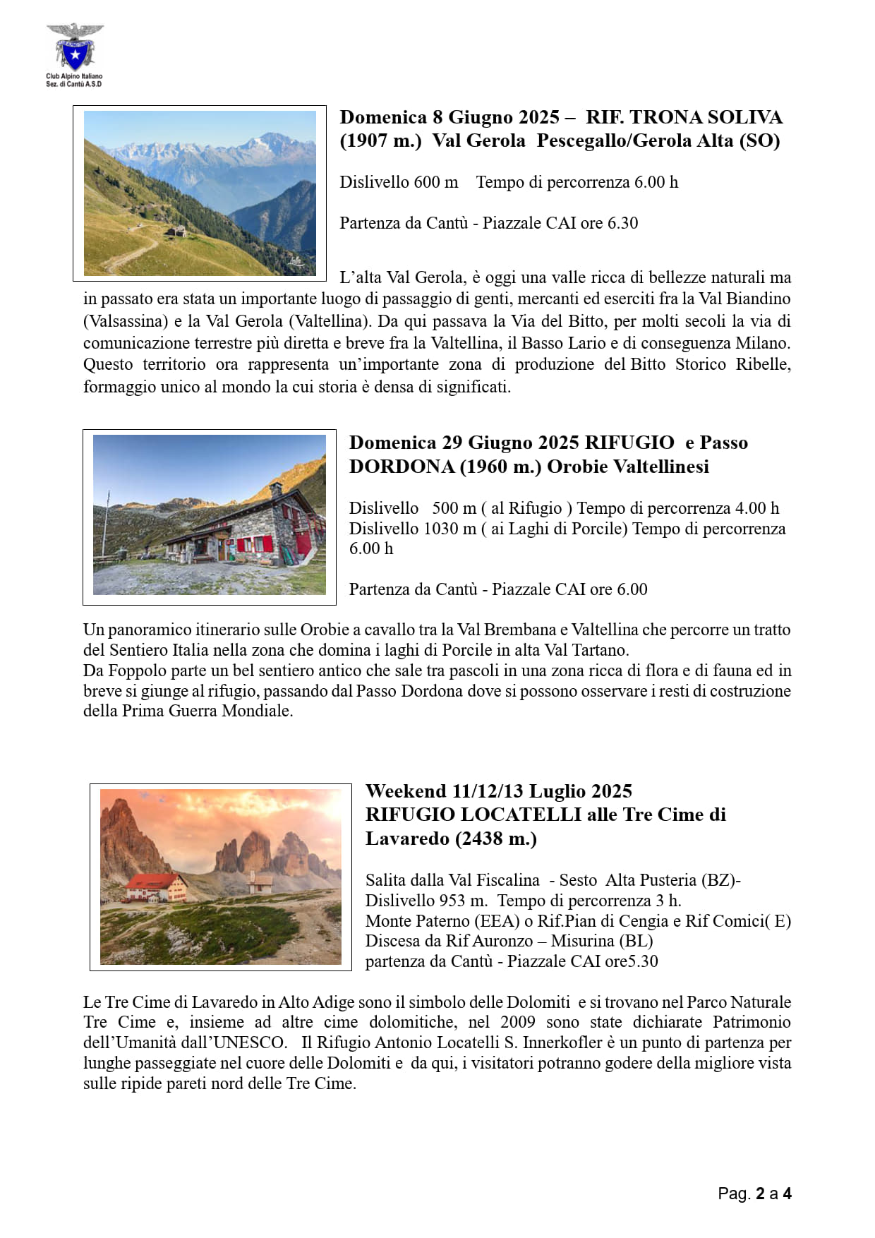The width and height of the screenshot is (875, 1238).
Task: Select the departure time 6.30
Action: coord(622,223)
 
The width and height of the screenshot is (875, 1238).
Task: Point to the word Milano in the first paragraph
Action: coord(762,343)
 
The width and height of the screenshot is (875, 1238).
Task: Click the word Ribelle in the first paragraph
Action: coord(763,364)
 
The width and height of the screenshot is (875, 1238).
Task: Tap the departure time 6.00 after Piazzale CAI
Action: coord(632,589)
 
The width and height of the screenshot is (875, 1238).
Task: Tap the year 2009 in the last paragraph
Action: coord(518,1022)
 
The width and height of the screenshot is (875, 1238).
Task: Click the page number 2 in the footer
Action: coord(760,1194)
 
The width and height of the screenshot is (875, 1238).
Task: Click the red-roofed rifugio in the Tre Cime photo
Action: coord(156,888)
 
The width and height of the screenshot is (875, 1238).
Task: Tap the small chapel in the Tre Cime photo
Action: coord(261,882)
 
